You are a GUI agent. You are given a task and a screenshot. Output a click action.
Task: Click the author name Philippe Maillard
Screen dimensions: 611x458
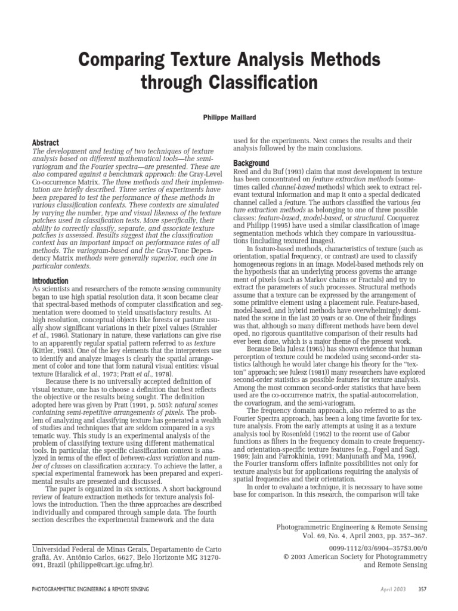click(x=229, y=119)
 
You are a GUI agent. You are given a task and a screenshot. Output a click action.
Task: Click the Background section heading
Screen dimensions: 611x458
click(x=250, y=163)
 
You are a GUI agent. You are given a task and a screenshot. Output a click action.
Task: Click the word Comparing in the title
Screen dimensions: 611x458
click(x=122, y=59)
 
